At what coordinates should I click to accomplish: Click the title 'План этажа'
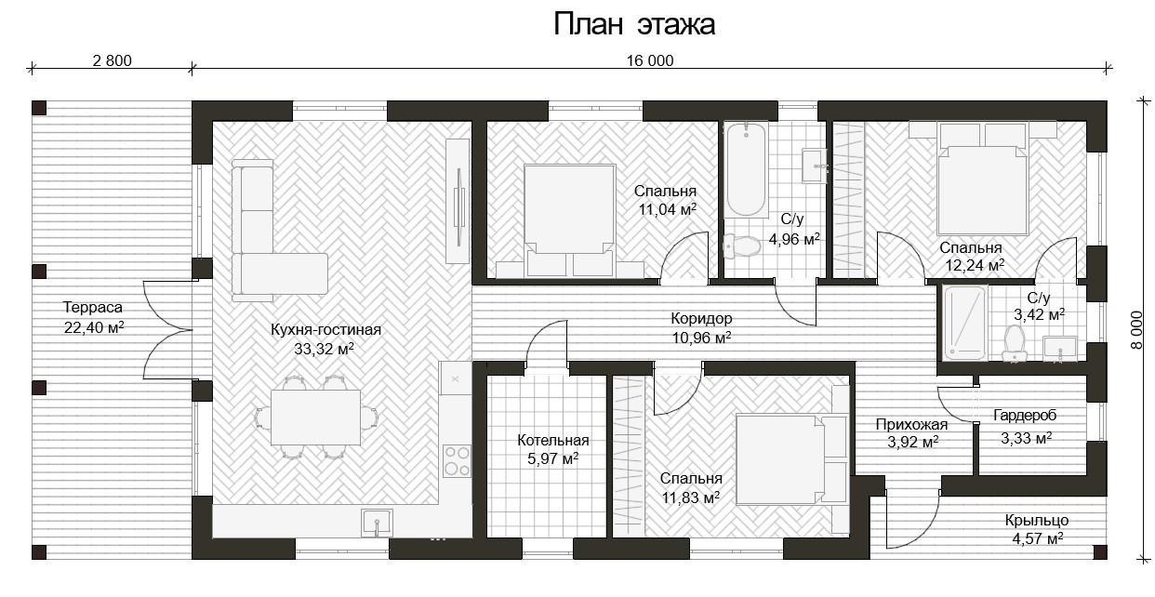pos(634,24)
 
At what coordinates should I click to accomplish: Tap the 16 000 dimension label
pos(650,60)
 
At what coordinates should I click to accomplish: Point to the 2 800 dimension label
pos(112,60)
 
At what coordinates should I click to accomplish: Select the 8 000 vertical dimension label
pos(1136,330)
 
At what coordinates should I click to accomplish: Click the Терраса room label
pos(93,307)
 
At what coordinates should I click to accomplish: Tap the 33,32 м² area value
pos(324,349)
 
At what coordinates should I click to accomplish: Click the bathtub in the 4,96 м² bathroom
pos(746,170)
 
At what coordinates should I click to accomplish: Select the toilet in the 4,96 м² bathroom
pos(741,246)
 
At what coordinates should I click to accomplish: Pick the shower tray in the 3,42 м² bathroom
pos(964,324)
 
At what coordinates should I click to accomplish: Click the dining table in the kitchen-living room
pos(315,418)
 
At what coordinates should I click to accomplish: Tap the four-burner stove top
pos(457,461)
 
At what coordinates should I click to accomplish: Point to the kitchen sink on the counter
pos(377,523)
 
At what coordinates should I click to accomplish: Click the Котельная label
pos(552,440)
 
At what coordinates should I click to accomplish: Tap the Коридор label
pos(701,319)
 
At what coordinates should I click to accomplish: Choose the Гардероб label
pos(1025,415)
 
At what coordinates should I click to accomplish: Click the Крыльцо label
pos(1036,521)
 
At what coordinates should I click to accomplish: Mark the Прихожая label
pos(911,424)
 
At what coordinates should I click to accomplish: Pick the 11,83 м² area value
pos(690,497)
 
